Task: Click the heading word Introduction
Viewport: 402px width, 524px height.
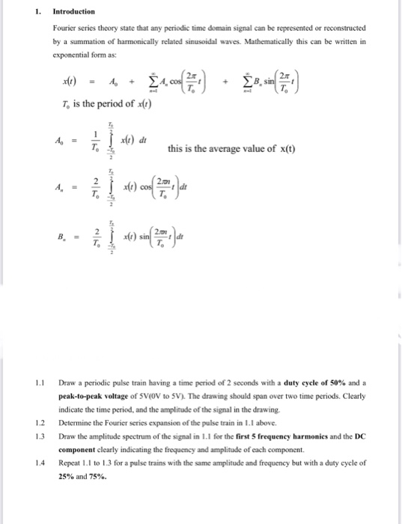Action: (73, 12)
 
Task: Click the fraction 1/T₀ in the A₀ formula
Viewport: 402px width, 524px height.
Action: (94, 140)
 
